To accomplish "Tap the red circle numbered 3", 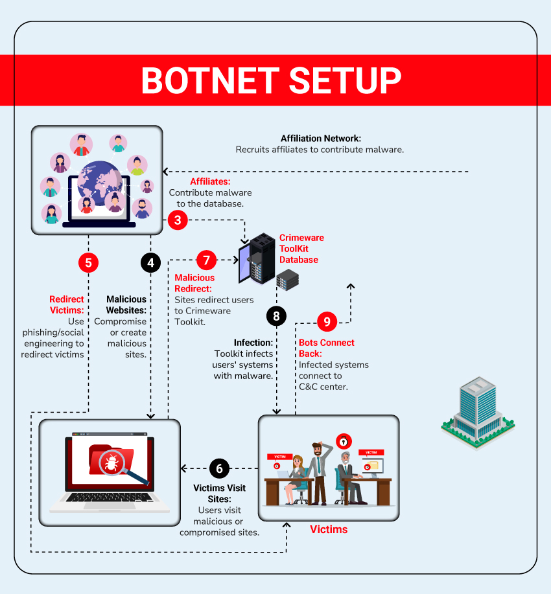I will tap(178, 220).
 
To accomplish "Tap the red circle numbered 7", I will tap(206, 260).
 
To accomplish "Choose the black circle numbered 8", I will tap(277, 316).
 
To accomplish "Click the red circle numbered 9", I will tap(327, 321).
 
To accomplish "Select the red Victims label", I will tap(329, 529).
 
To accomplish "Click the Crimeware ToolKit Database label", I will tap(301, 249).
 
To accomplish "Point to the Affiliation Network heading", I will tap(320, 139).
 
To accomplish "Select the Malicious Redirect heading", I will tap(194, 283).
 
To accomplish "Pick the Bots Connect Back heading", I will tap(326, 348).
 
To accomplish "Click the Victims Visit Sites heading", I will tap(220, 494).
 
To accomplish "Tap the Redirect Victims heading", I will tap(67, 304).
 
